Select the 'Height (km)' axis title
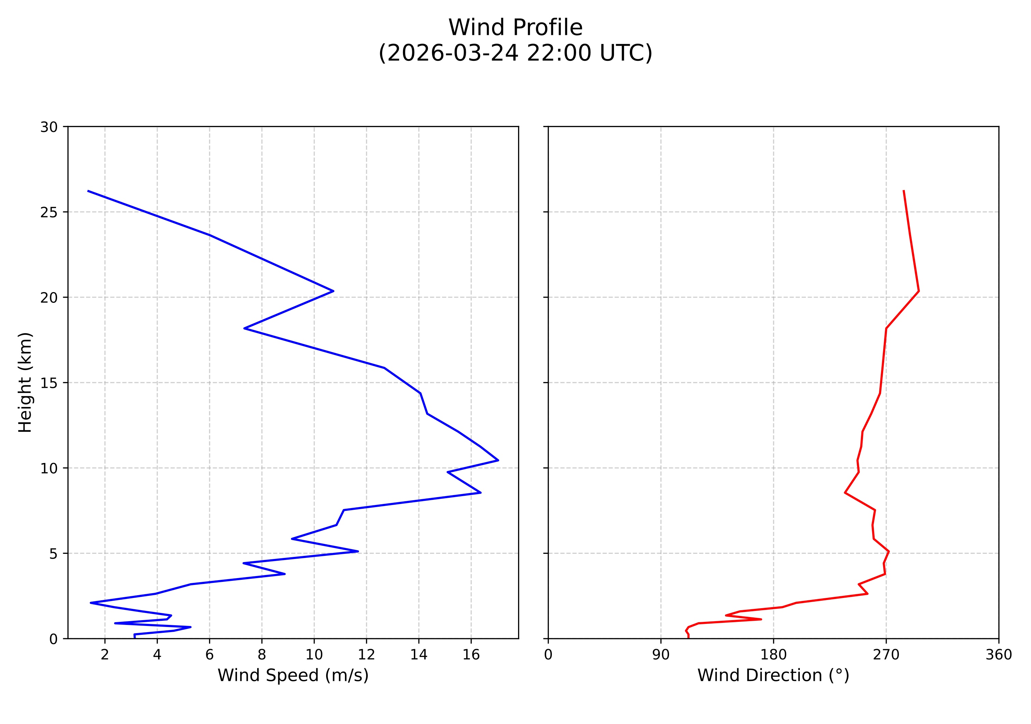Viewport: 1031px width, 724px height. click(x=26, y=382)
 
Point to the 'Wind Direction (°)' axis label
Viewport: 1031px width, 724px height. click(x=773, y=675)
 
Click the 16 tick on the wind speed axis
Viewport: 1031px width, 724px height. click(x=471, y=655)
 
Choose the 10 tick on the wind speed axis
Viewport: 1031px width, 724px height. click(x=314, y=655)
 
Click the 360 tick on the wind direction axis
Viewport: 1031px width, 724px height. click(x=999, y=655)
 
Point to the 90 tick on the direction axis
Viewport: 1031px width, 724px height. click(x=660, y=655)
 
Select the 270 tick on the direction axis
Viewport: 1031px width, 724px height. click(x=886, y=655)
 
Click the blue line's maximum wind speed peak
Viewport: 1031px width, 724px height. click(x=498, y=460)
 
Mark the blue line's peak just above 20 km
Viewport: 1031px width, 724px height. click(x=333, y=291)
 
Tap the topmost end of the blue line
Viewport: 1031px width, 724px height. click(x=88, y=191)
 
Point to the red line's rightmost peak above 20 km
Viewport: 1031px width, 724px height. click(x=919, y=291)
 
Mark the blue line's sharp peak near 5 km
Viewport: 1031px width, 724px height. click(x=358, y=551)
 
